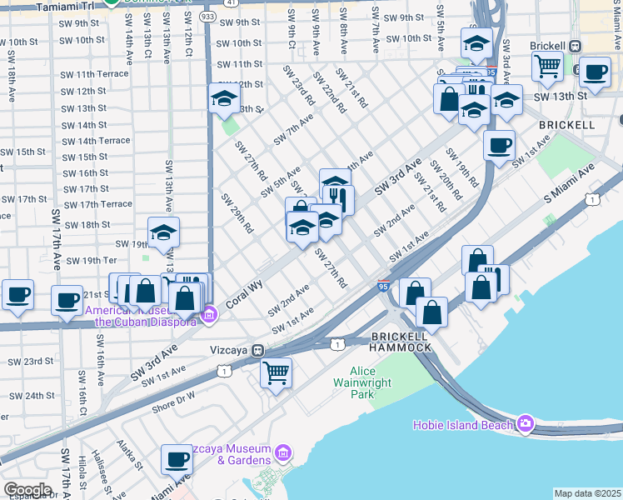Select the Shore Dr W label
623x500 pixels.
click(x=173, y=402)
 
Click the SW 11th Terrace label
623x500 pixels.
click(x=94, y=74)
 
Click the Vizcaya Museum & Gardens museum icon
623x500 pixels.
click(x=283, y=453)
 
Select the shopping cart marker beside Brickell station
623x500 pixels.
click(x=546, y=64)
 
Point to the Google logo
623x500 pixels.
click(x=27, y=490)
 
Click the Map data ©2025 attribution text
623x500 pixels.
click(x=586, y=493)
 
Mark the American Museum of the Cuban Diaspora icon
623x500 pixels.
click(x=209, y=315)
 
